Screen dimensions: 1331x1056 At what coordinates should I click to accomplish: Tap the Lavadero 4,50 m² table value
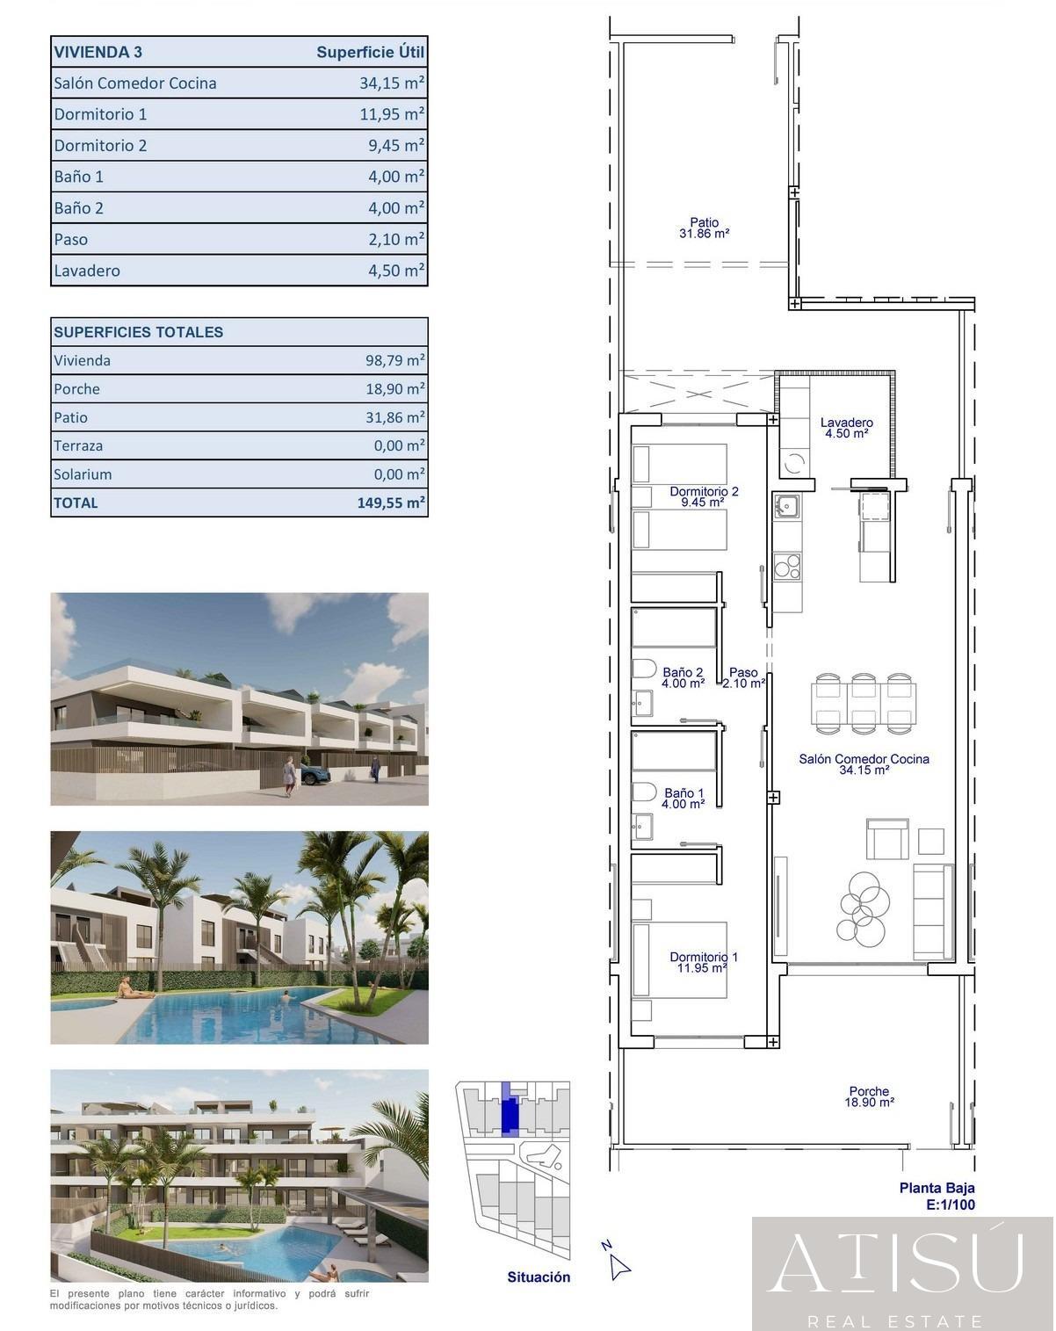[396, 271]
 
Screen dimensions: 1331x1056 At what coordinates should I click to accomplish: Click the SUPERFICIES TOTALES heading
[139, 332]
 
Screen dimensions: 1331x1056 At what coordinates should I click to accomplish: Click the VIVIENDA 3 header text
[98, 52]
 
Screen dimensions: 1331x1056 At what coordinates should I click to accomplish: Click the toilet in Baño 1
[644, 792]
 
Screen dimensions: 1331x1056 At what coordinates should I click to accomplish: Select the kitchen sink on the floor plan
[785, 506]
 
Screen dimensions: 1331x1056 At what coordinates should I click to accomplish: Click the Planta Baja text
[937, 1189]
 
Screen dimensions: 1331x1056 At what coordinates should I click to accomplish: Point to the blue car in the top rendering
[315, 775]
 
